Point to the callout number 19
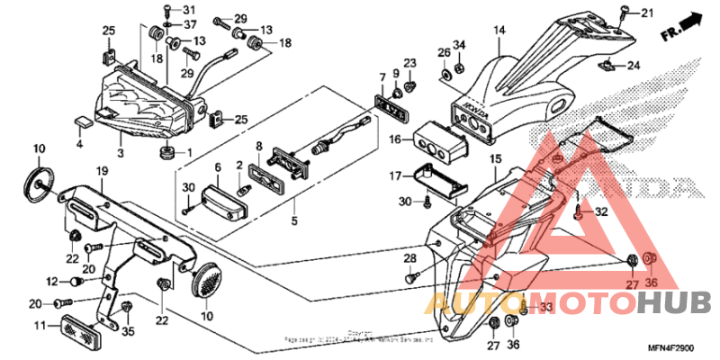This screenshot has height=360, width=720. [102, 171]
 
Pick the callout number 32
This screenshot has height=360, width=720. [602, 212]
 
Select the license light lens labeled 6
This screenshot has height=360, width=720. [223, 198]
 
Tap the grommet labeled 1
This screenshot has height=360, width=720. [166, 151]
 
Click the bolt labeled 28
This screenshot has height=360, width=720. [410, 278]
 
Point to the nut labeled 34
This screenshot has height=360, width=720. [456, 64]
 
